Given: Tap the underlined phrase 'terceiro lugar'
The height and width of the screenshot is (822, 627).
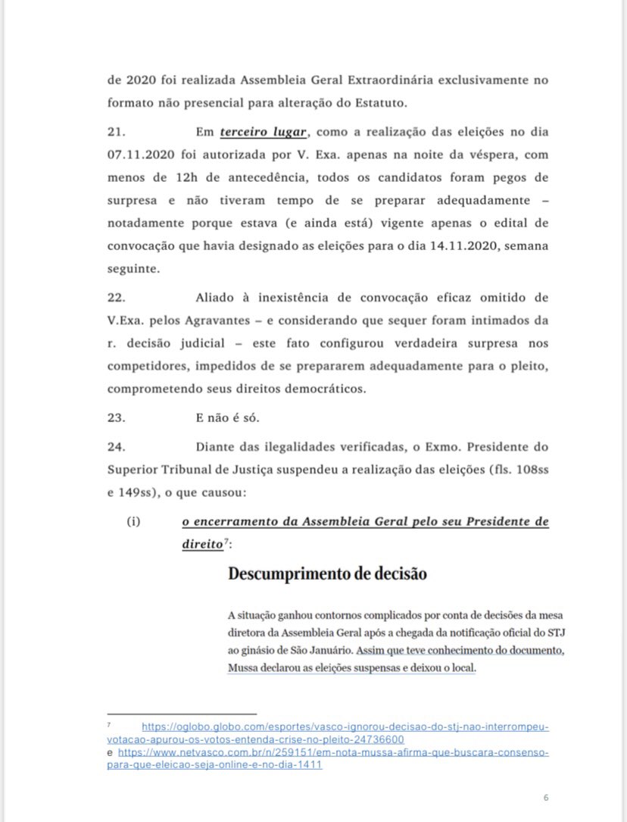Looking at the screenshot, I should tap(264, 133).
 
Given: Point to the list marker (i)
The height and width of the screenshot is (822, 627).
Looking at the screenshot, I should tap(134, 523).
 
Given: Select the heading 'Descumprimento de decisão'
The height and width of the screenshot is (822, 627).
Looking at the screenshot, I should tap(327, 574).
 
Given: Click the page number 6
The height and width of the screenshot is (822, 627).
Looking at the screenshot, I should tap(545, 798).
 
